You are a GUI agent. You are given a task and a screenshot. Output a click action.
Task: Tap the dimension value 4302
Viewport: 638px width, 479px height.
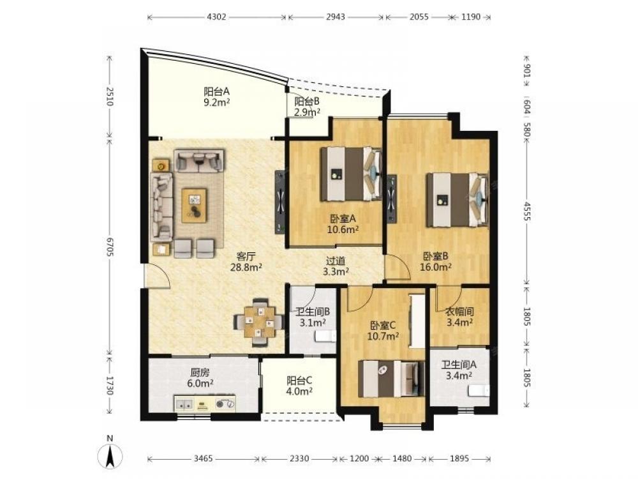coord(216,17)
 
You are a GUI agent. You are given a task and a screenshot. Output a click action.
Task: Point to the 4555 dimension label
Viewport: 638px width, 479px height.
coord(527,211)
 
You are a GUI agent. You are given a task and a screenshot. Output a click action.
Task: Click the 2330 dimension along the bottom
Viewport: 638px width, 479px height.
coord(299,459)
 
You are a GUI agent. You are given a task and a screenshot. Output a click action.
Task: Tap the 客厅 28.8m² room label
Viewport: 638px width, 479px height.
coord(246,262)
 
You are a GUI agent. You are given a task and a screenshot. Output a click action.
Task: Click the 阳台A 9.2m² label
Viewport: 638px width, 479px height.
coord(216,96)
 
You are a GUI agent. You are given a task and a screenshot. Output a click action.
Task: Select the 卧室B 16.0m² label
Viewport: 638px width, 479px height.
coord(435,261)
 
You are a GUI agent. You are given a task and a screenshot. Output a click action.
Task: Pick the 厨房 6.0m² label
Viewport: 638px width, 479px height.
coord(200,377)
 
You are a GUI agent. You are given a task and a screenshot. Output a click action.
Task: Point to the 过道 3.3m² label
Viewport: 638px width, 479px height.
coord(336,266)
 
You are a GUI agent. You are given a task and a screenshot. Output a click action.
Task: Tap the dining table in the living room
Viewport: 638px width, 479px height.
coord(259,323)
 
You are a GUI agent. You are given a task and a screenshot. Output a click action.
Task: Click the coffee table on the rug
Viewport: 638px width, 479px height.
coord(194,205)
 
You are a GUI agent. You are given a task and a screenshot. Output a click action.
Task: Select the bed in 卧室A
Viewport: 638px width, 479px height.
coord(351,174)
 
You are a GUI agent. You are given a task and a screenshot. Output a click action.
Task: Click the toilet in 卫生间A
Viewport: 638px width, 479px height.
coord(478,391)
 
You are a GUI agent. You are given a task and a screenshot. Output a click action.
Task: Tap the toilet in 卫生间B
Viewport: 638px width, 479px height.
coord(326,336)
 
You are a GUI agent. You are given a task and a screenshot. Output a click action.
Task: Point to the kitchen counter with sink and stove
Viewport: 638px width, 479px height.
coord(205,404)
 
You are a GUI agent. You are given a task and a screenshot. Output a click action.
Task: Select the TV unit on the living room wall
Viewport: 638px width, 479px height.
coord(280,202)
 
